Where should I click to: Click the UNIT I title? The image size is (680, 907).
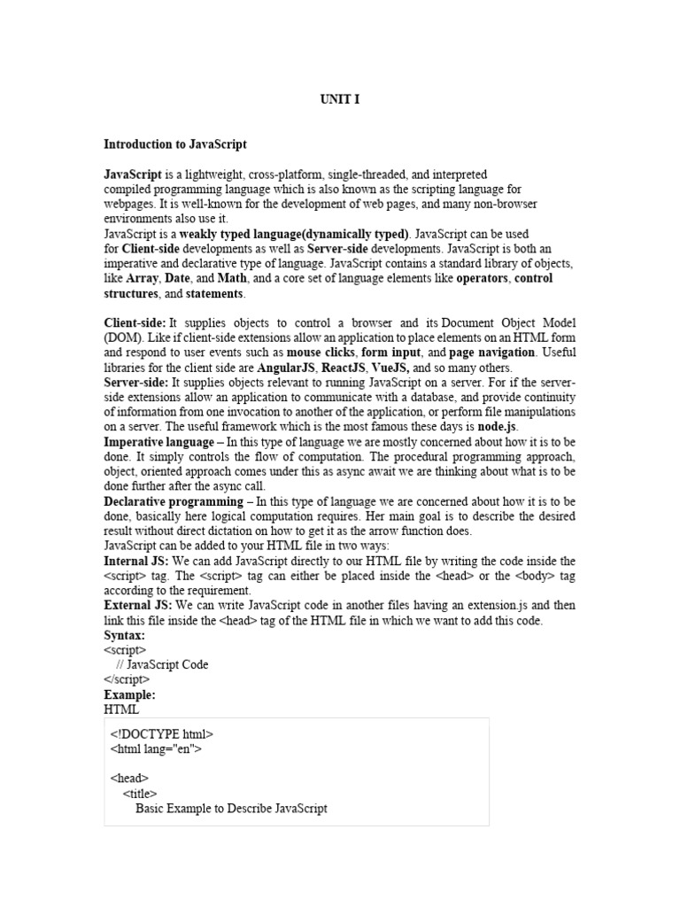[340, 100]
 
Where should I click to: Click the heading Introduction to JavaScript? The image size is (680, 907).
[175, 143]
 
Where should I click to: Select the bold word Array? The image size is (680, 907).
[142, 279]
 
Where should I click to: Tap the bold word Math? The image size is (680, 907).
[232, 279]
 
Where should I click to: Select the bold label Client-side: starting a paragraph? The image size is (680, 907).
[135, 324]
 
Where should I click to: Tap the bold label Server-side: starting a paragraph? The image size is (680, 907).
[136, 383]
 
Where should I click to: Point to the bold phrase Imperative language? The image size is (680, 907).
[159, 441]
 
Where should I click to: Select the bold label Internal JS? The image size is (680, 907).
[136, 562]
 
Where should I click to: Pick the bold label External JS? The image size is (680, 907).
[137, 606]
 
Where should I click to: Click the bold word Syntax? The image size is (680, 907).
[125, 636]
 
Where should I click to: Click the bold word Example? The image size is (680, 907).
[129, 695]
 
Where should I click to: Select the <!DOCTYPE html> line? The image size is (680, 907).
[162, 734]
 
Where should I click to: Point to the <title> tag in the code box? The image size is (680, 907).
[140, 795]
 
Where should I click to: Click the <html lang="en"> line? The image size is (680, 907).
[156, 749]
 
